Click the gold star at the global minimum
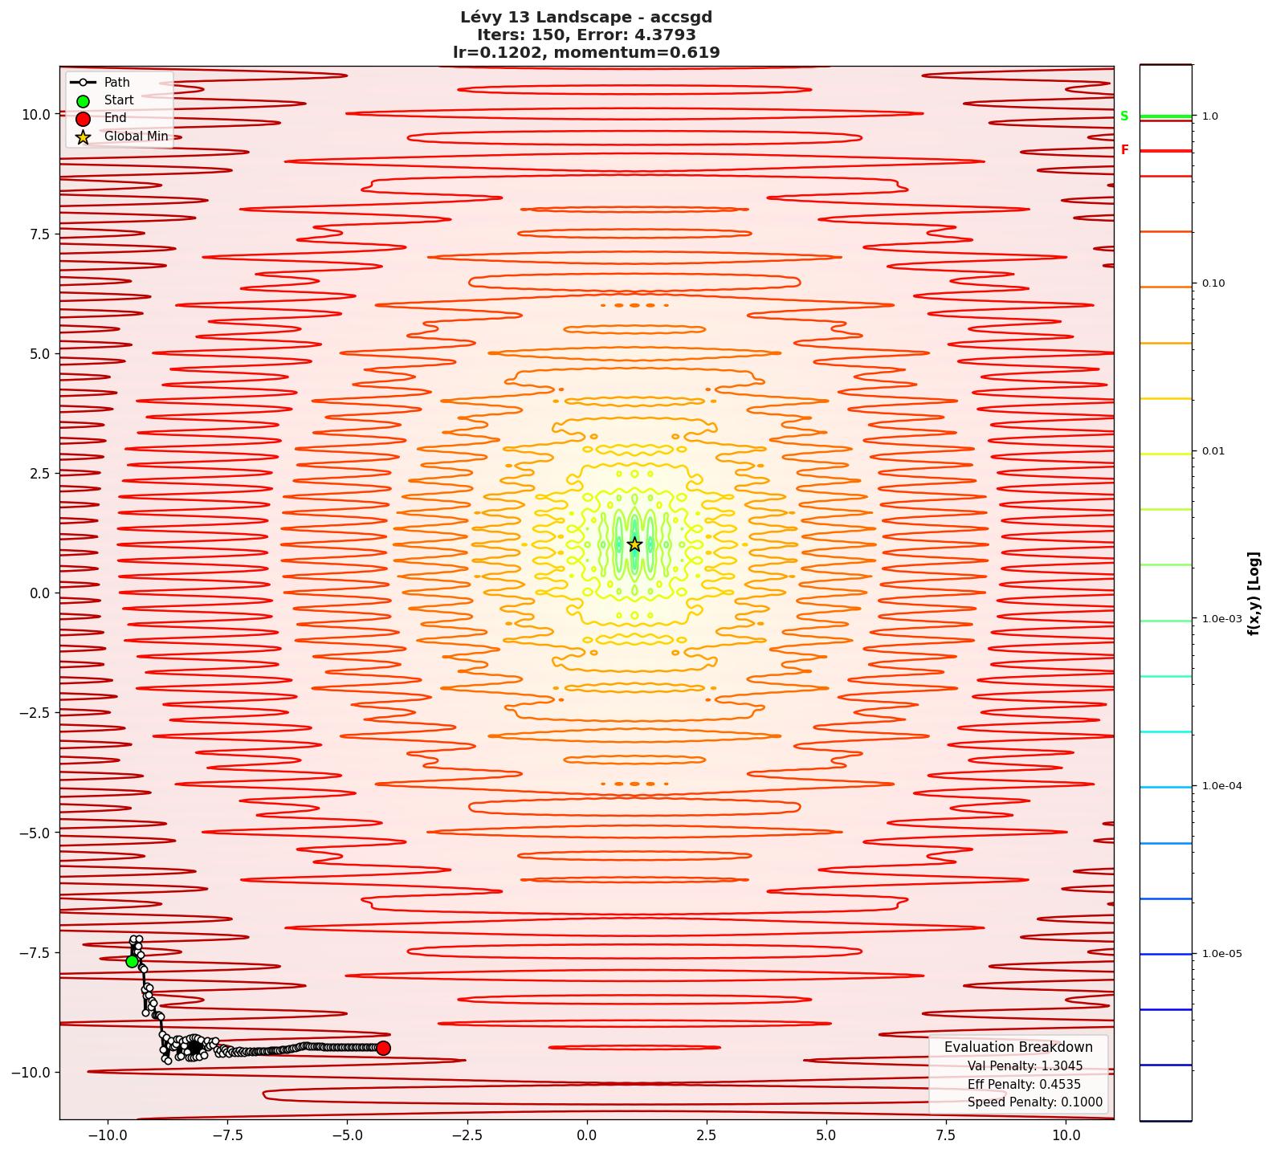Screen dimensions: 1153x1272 (x=634, y=544)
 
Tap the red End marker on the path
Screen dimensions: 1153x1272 (x=383, y=1048)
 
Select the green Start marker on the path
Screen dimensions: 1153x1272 (x=132, y=961)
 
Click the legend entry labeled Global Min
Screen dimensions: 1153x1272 (x=136, y=136)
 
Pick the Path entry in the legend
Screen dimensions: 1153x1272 (x=116, y=82)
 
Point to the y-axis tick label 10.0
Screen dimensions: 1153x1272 (x=35, y=114)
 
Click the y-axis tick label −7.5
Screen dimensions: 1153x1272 (x=34, y=952)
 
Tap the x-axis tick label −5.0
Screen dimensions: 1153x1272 (x=347, y=1135)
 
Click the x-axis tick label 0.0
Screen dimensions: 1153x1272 (x=587, y=1135)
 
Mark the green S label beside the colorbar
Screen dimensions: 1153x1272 (x=1124, y=116)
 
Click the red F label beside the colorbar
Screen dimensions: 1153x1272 (x=1124, y=150)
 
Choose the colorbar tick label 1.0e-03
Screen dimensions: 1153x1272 (x=1221, y=619)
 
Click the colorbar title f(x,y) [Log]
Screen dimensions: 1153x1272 (x=1254, y=593)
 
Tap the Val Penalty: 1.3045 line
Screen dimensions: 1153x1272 (x=1025, y=1066)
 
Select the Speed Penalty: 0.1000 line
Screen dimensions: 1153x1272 (x=1034, y=1102)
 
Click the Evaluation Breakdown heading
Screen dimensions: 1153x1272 (x=1018, y=1047)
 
